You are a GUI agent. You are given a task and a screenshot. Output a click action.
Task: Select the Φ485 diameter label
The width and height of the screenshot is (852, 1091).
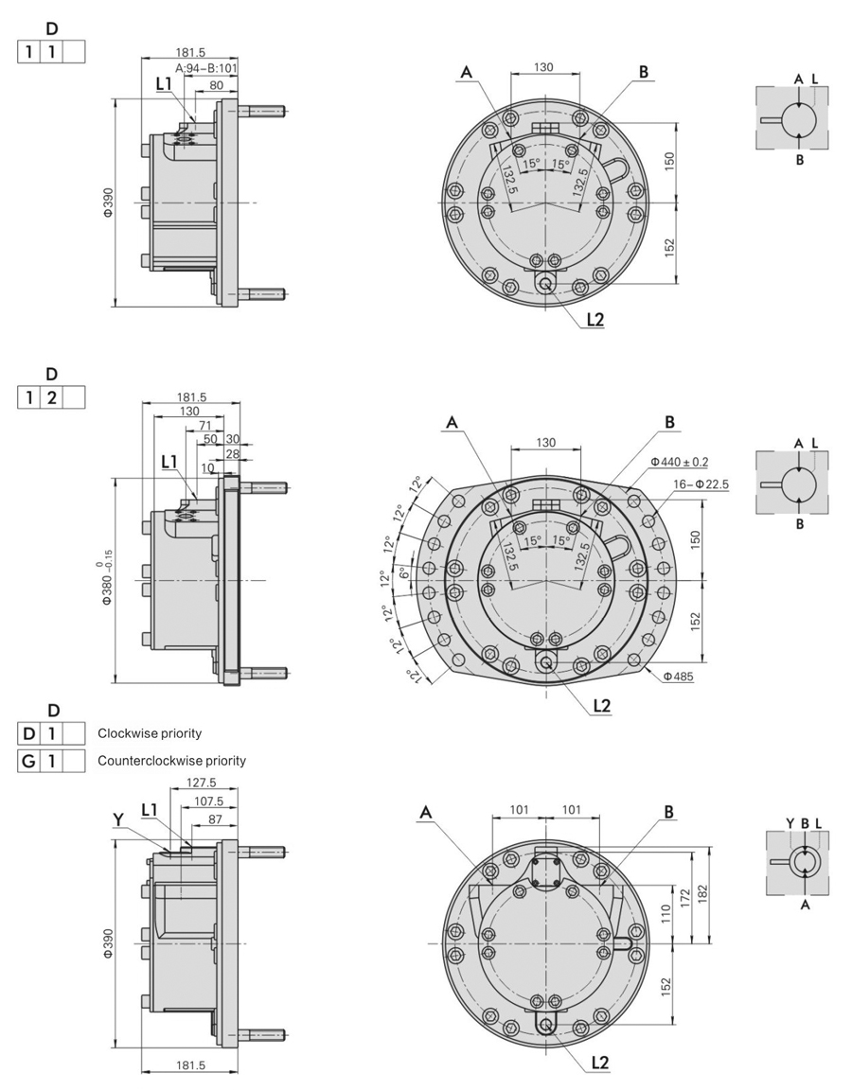tap(680, 677)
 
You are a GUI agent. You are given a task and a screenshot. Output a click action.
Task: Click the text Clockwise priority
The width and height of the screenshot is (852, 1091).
tap(150, 733)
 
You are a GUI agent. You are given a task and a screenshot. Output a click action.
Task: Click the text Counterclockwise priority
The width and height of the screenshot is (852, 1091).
tap(171, 760)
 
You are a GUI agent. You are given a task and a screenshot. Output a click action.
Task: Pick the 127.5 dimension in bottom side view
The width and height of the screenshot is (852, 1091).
tap(202, 783)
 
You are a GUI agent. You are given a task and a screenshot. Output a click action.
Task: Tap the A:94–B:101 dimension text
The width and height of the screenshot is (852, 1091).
tap(205, 68)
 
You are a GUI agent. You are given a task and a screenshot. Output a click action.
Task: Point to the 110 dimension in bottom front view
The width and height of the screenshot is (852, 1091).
tap(666, 913)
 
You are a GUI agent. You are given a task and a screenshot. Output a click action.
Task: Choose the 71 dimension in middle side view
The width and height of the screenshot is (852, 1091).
tap(204, 426)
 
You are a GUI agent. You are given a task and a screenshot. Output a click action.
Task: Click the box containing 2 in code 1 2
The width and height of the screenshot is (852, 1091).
tap(52, 397)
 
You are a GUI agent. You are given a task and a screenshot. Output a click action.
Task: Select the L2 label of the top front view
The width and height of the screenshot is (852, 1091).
tap(595, 319)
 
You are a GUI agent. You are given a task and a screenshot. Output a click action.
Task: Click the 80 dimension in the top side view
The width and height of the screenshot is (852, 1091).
tap(216, 84)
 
